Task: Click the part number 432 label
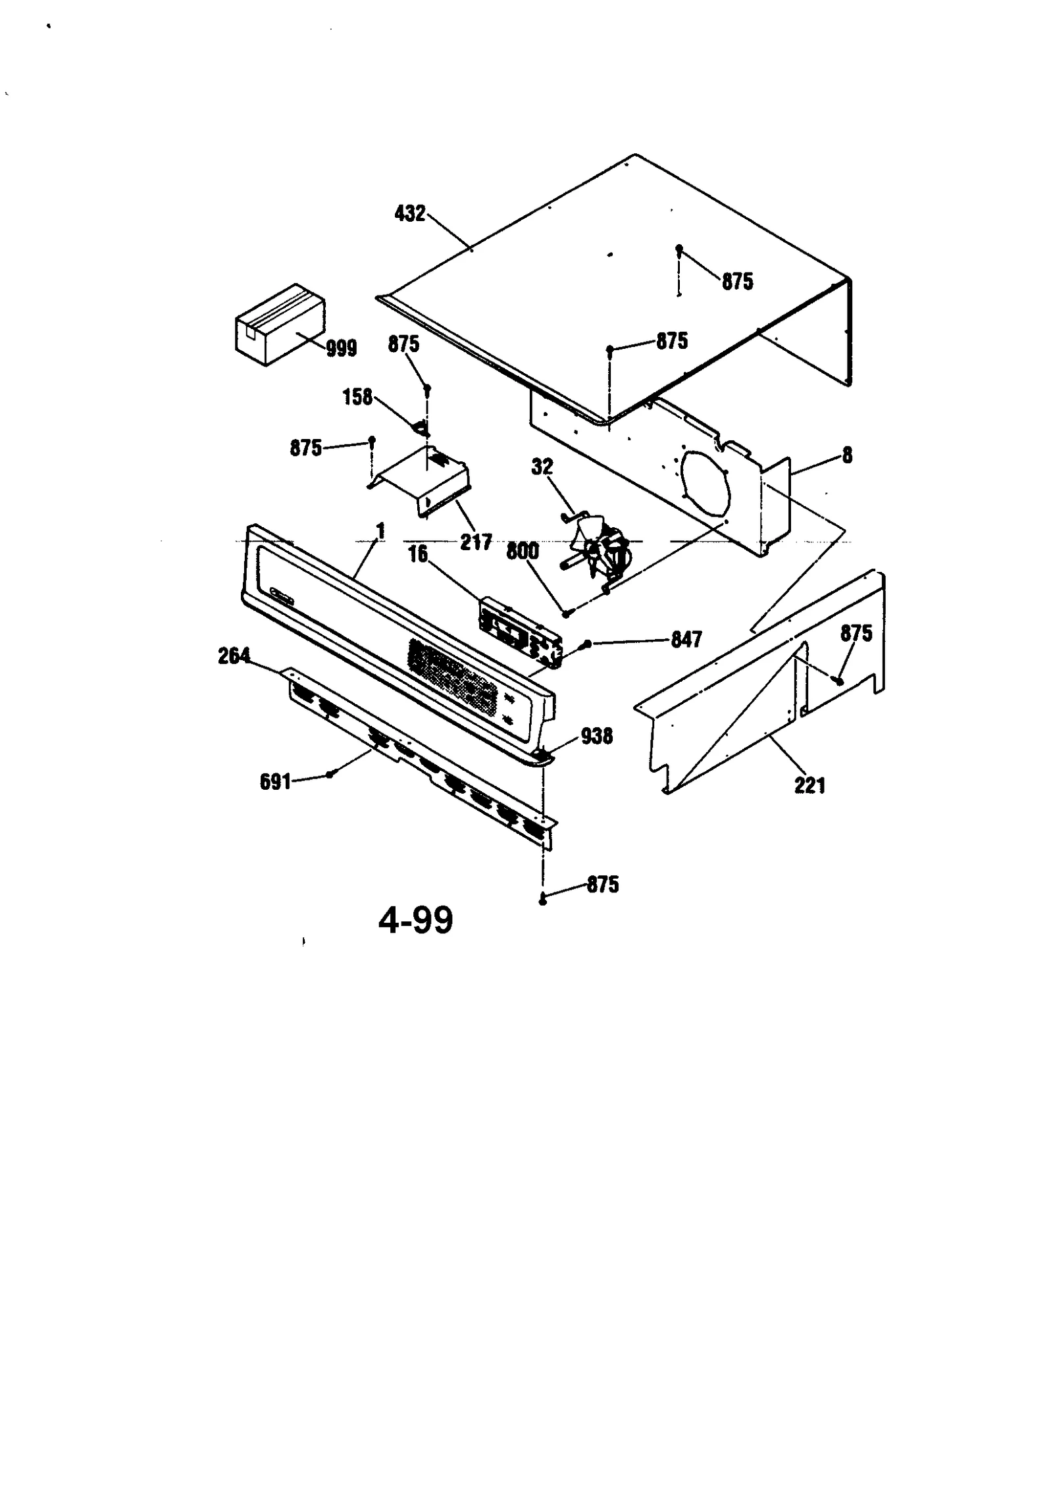pyautogui.click(x=410, y=213)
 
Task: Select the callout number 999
pyautogui.click(x=342, y=348)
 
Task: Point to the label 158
pyautogui.click(x=357, y=397)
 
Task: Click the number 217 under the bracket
pyautogui.click(x=476, y=542)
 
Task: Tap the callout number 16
pyautogui.click(x=418, y=554)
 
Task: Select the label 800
pyautogui.click(x=523, y=551)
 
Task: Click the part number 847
pyautogui.click(x=686, y=639)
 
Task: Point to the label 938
pyautogui.click(x=596, y=736)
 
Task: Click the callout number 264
pyautogui.click(x=234, y=656)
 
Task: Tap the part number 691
pyautogui.click(x=275, y=782)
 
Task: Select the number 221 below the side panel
pyautogui.click(x=809, y=785)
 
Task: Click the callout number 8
pyautogui.click(x=847, y=455)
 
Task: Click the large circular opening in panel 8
pyautogui.click(x=706, y=484)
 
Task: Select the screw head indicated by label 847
pyautogui.click(x=587, y=643)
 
